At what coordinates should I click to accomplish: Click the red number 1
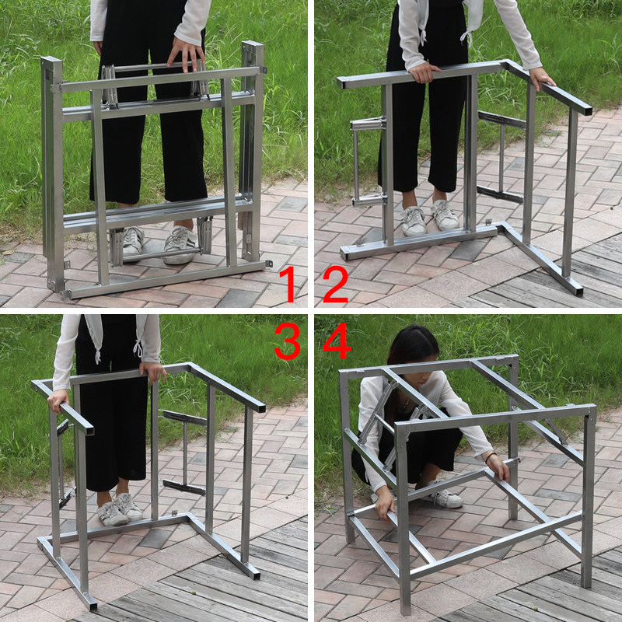(x=288, y=284)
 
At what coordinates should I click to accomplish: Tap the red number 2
(x=336, y=284)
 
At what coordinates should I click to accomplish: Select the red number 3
(x=287, y=341)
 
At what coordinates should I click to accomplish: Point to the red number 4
(x=337, y=341)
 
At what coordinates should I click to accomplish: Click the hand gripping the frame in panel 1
(x=186, y=54)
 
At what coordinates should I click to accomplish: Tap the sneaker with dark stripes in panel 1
(x=180, y=244)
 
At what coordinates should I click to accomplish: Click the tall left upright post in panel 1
(x=53, y=174)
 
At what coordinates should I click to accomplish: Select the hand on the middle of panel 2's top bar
(x=423, y=72)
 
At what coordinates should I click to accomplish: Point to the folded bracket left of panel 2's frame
(x=368, y=162)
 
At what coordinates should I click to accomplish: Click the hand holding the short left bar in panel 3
(x=58, y=400)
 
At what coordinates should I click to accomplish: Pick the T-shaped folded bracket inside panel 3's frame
(x=185, y=453)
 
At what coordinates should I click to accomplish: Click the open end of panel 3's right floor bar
(x=255, y=575)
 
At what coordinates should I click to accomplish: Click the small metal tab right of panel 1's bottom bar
(x=269, y=264)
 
